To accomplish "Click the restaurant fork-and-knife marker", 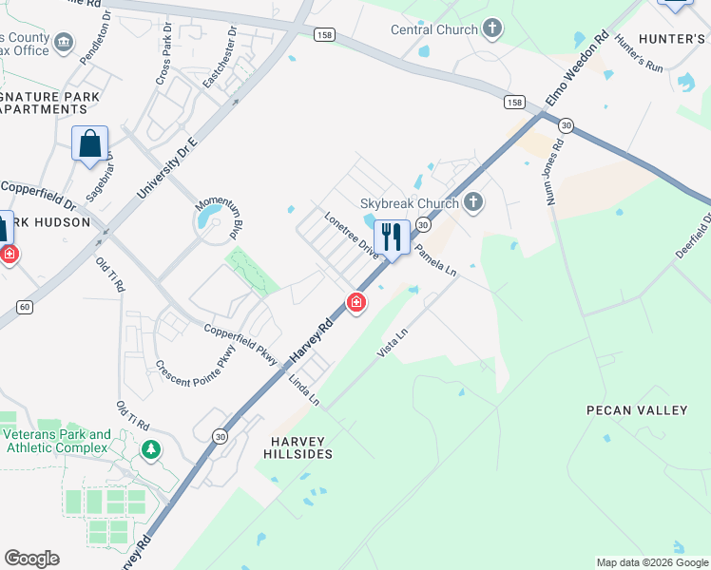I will (x=392, y=237).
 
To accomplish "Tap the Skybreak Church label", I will (x=409, y=202).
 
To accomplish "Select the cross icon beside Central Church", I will (x=491, y=28).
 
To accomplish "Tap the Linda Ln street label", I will (x=304, y=390).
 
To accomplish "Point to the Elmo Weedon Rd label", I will (x=576, y=71).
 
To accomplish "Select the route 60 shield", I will (x=25, y=306).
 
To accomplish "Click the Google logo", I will (x=31, y=559).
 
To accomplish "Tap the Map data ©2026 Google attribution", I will (x=651, y=562).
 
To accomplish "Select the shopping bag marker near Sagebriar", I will (x=90, y=144).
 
